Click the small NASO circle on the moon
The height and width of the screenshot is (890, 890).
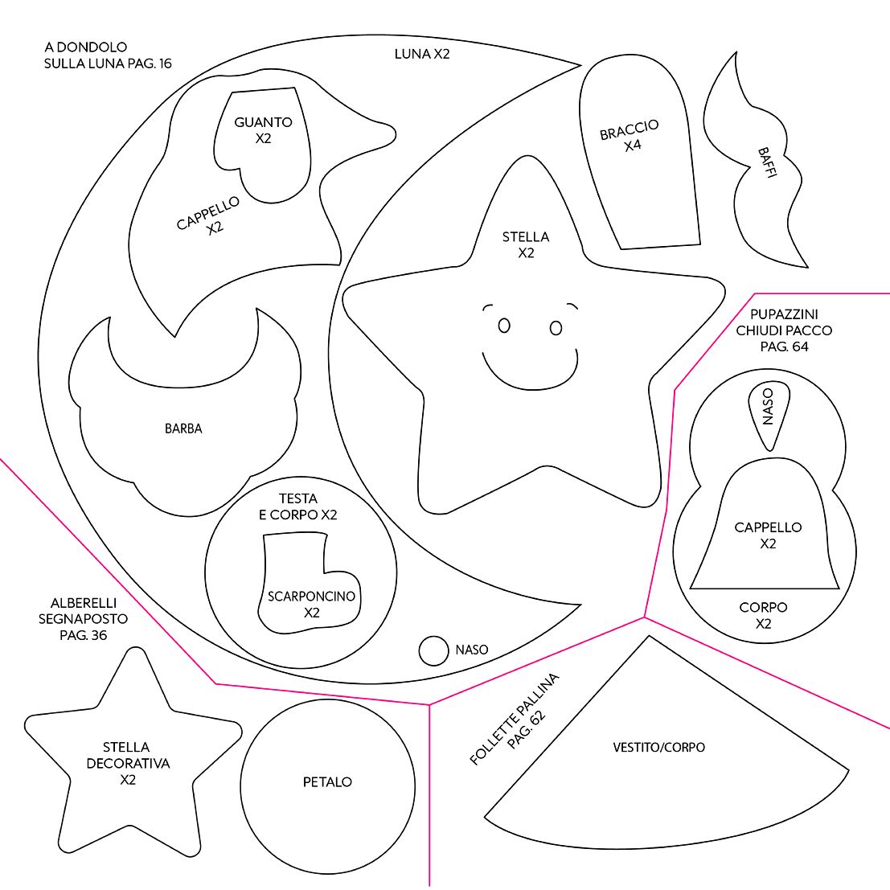click(434, 651)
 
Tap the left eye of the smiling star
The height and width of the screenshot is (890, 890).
click(504, 326)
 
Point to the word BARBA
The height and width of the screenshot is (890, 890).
click(183, 429)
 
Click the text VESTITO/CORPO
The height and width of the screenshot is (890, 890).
click(658, 748)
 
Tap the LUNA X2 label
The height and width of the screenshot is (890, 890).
click(422, 55)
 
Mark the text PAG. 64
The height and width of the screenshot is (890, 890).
click(784, 347)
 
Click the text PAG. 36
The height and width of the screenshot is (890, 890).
click(83, 635)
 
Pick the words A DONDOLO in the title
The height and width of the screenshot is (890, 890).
click(85, 47)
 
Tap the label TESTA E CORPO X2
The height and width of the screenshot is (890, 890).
click(298, 507)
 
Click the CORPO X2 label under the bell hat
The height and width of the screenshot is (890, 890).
click(763, 615)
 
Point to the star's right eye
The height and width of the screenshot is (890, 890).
click(556, 328)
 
